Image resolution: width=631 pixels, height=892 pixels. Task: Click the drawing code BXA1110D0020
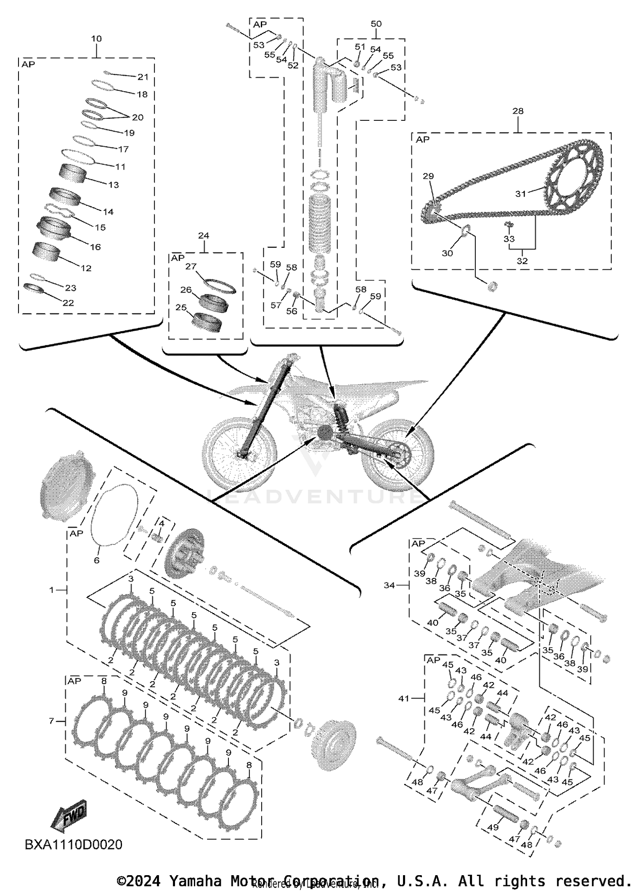(x=74, y=844)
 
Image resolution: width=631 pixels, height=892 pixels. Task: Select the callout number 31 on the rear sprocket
(x=520, y=194)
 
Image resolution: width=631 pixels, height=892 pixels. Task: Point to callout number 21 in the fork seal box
(x=143, y=77)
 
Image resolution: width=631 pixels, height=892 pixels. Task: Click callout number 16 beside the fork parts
(x=95, y=247)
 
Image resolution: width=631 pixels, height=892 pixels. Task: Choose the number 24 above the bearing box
(x=203, y=236)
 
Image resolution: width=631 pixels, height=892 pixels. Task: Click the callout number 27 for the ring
(x=191, y=266)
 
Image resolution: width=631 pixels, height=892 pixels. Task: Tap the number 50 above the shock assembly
(x=376, y=24)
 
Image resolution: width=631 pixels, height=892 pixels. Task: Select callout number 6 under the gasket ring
(x=96, y=560)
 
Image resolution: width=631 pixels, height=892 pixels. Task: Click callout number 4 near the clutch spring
(x=161, y=523)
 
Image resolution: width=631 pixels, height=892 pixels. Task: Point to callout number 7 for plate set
(x=52, y=721)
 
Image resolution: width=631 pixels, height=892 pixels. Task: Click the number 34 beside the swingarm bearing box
(x=389, y=585)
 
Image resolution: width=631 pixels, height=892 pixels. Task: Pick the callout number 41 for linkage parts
(x=403, y=698)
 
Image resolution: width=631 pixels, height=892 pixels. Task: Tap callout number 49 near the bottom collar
(x=493, y=827)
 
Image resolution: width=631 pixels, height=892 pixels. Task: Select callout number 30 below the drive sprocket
(x=447, y=253)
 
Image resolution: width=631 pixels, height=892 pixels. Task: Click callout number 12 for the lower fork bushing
(x=86, y=268)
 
